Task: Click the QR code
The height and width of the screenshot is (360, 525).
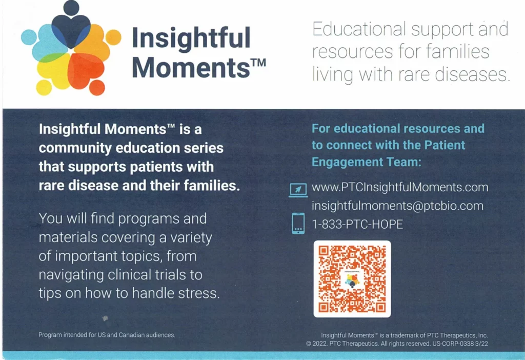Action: (x=352, y=279)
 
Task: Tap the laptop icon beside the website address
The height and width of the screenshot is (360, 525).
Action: (x=298, y=190)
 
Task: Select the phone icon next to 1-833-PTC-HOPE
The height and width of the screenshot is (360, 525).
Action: (x=298, y=224)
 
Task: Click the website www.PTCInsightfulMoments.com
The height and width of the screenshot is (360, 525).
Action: (x=400, y=187)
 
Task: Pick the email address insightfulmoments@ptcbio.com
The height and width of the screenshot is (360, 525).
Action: (x=397, y=206)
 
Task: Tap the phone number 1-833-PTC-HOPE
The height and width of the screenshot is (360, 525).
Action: (x=357, y=224)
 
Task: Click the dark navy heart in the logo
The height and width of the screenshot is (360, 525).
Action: (x=71, y=30)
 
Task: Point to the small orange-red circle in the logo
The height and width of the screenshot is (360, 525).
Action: (x=97, y=88)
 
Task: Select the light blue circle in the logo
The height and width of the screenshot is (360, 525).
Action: (x=29, y=37)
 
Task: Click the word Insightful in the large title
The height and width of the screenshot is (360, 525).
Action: (x=191, y=38)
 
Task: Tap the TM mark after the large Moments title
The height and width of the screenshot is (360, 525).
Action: (x=258, y=63)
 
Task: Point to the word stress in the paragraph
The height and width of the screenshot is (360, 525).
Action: (x=199, y=293)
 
